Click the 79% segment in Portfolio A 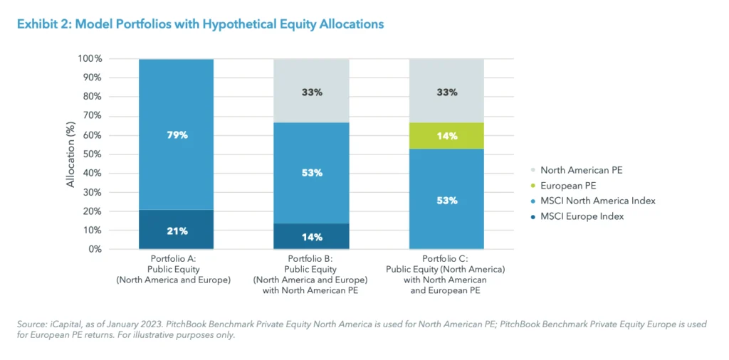(x=177, y=134)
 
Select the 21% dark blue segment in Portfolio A (x=177, y=230)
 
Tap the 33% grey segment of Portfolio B (x=312, y=92)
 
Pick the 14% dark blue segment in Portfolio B (x=312, y=236)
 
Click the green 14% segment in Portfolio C (x=446, y=136)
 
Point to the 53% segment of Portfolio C (x=446, y=200)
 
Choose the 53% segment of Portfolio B (x=312, y=173)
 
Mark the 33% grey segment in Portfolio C (x=446, y=92)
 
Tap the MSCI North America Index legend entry (x=597, y=201)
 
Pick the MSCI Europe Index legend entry (x=582, y=216)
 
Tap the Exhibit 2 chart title (x=200, y=24)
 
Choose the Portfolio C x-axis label (x=446, y=274)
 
